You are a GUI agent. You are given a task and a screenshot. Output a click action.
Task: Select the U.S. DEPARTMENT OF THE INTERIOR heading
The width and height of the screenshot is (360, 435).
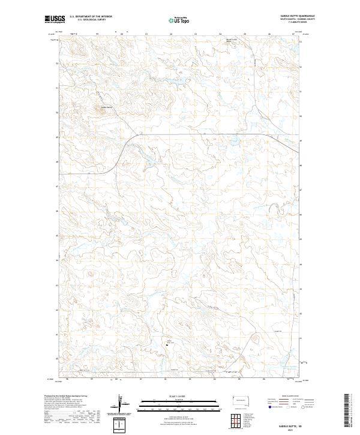(x=91, y=17)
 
